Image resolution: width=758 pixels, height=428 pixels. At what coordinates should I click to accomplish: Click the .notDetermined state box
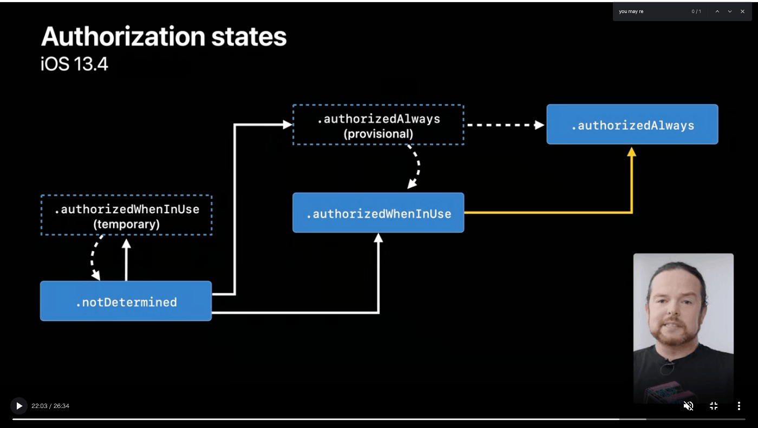click(x=126, y=301)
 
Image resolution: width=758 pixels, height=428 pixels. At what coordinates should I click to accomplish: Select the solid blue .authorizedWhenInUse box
click(x=378, y=213)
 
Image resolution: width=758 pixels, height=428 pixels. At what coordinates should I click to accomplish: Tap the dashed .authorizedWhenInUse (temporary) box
click(x=127, y=215)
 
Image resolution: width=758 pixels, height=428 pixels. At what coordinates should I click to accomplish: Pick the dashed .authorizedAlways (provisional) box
click(x=378, y=125)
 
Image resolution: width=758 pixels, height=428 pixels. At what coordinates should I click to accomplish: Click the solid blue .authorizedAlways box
click(x=632, y=124)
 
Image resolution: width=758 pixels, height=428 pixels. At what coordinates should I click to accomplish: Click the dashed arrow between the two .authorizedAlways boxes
click(x=506, y=125)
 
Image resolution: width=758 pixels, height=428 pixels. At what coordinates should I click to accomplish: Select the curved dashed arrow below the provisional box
click(x=418, y=166)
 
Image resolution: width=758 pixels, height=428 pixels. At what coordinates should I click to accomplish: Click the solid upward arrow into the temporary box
click(x=126, y=260)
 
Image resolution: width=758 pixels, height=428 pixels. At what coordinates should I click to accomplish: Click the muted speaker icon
click(x=688, y=406)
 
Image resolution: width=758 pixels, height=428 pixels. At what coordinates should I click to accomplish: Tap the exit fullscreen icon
click(x=714, y=406)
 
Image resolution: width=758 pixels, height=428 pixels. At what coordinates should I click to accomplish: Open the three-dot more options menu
click(x=739, y=406)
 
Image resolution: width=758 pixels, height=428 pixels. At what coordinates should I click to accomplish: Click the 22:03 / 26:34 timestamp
click(x=50, y=406)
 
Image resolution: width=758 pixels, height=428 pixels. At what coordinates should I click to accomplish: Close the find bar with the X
click(x=742, y=11)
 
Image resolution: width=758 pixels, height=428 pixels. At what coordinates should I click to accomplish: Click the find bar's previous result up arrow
click(x=717, y=11)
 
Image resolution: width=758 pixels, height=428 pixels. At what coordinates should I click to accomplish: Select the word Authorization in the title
click(x=123, y=36)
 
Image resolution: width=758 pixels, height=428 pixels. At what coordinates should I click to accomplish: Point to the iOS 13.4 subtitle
click(x=75, y=64)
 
